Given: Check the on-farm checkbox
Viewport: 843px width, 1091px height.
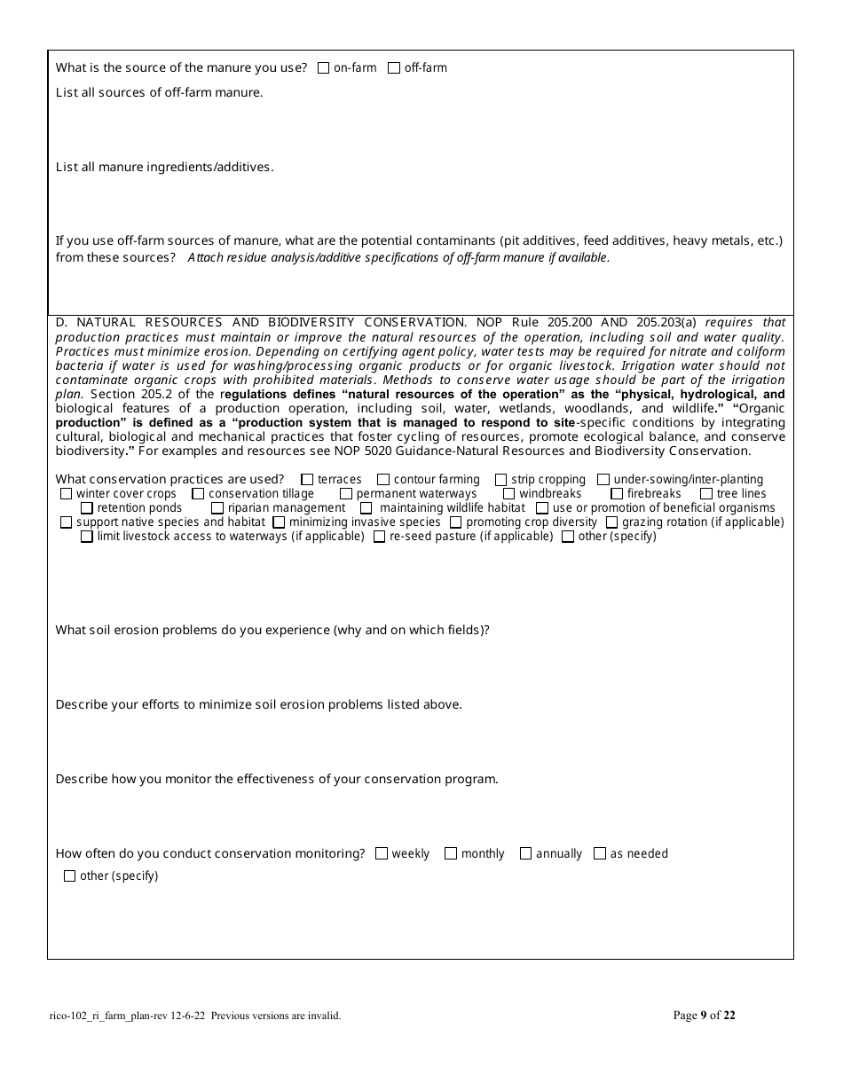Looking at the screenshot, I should [323, 68].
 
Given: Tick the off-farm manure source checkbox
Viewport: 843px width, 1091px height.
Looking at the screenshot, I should [394, 68].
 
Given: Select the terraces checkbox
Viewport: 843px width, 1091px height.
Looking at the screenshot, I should [307, 480].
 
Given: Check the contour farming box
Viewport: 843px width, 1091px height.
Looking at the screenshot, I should [383, 480].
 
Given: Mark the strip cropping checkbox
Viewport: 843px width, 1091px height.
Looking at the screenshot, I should [501, 480].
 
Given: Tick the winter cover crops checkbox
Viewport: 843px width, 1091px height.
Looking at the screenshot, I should [67, 494].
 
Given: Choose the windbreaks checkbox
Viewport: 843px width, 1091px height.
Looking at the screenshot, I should [509, 494].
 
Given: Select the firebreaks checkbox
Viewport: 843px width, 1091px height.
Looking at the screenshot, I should [617, 494].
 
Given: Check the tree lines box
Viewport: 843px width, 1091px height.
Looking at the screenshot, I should [706, 494].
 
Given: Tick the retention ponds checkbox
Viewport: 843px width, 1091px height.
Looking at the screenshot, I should [87, 508].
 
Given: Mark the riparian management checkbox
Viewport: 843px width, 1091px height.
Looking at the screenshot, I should [217, 508].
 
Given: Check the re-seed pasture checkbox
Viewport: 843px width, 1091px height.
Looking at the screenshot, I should [380, 537].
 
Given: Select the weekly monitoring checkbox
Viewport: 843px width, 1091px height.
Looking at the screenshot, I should [382, 853].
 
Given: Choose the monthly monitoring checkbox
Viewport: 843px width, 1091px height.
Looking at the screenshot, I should [451, 853].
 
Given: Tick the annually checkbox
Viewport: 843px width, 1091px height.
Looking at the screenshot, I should [525, 853].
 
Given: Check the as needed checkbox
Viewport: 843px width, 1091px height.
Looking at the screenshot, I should [600, 853].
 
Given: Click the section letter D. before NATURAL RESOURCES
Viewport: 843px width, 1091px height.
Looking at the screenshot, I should [61, 323].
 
